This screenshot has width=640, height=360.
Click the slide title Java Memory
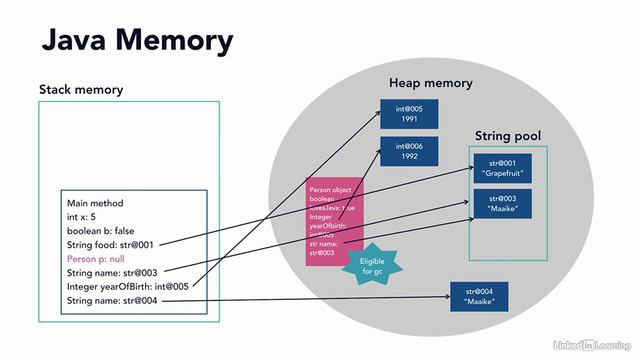pyautogui.click(x=136, y=41)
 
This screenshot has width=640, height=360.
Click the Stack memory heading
pyautogui.click(x=81, y=90)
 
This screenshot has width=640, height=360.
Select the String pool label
pyautogui.click(x=508, y=134)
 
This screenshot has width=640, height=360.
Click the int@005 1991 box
pyautogui.click(x=411, y=112)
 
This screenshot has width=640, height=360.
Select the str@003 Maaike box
pyautogui.click(x=503, y=204)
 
